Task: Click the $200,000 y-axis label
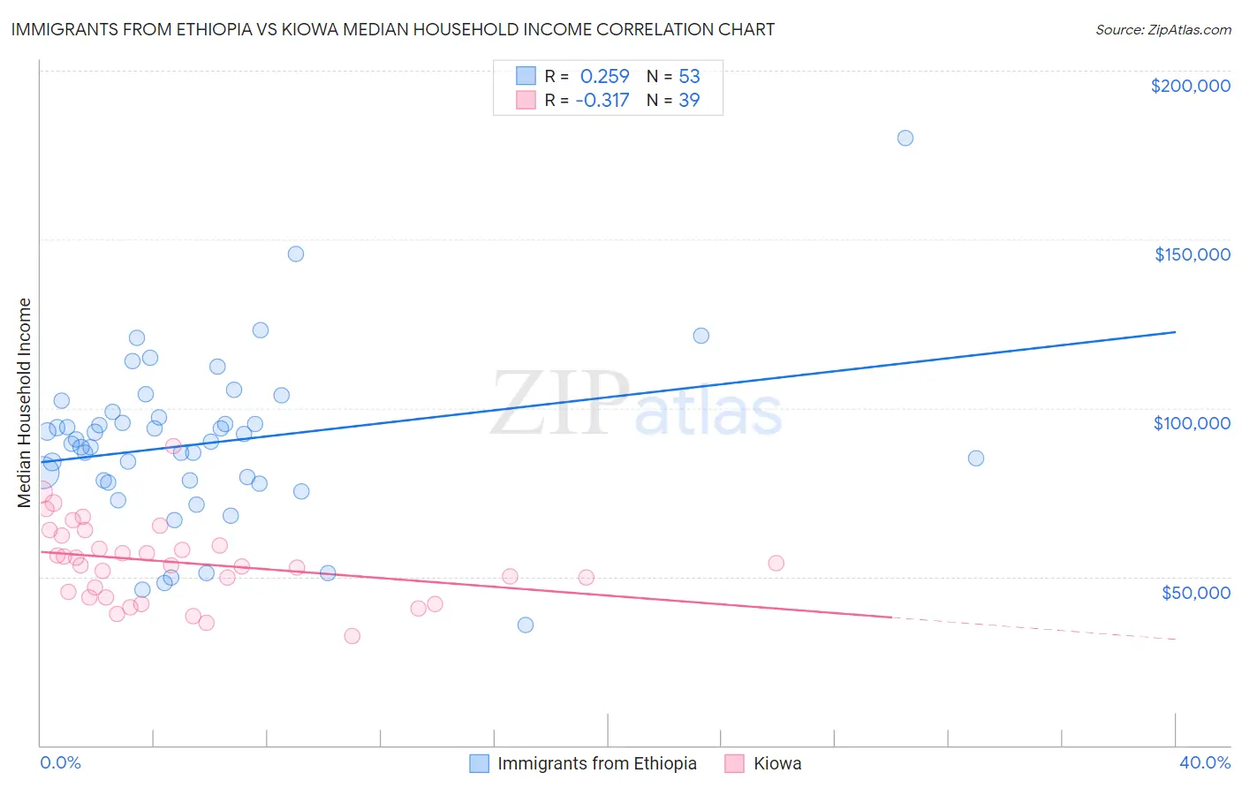tap(1190, 86)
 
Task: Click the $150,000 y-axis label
tap(1192, 254)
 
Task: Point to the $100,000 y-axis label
tap(1192, 423)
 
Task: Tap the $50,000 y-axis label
tap(1195, 592)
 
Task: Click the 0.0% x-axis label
tap(60, 762)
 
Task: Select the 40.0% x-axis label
tap(1204, 762)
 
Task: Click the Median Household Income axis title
tap(25, 403)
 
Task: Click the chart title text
tap(392, 29)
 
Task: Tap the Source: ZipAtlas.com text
tap(1162, 29)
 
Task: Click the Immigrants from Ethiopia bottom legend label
tap(596, 763)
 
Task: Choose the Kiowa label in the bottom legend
tap(777, 763)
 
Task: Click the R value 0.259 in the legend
tap(604, 76)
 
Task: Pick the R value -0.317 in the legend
tap(602, 100)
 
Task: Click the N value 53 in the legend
tap(689, 76)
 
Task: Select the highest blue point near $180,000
tap(905, 138)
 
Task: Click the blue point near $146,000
tap(296, 254)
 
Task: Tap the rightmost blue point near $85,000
tap(975, 458)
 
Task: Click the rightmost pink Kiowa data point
tap(776, 563)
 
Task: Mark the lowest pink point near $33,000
tap(352, 635)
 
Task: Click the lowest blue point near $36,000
tap(525, 625)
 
